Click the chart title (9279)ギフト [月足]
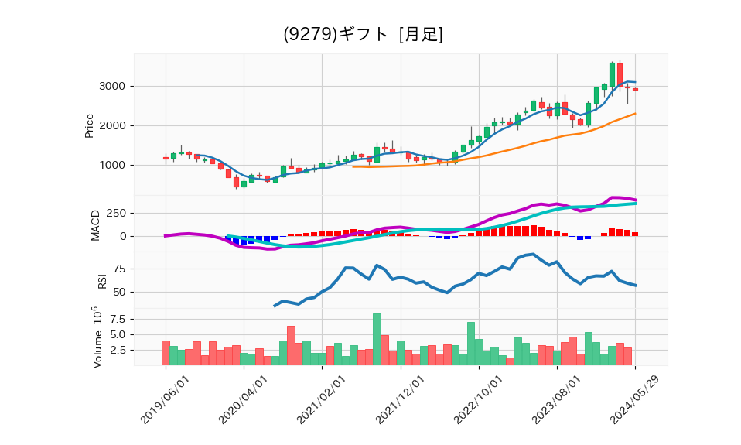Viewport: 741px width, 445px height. [x=363, y=35]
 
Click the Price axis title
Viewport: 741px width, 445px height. [x=89, y=125]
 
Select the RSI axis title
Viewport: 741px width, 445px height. [x=101, y=280]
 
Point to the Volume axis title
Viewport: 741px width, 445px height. [x=96, y=337]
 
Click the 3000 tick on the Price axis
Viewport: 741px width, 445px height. [x=114, y=86]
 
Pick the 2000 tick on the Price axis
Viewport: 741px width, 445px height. [x=114, y=125]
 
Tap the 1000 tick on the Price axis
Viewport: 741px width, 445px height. [x=114, y=165]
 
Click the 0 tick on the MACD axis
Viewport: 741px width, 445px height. [x=122, y=237]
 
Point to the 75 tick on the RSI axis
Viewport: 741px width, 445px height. [x=119, y=269]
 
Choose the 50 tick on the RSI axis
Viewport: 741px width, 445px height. [x=119, y=292]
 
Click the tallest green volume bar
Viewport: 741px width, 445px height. [x=377, y=339]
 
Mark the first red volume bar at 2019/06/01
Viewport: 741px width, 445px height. [x=166, y=353]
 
